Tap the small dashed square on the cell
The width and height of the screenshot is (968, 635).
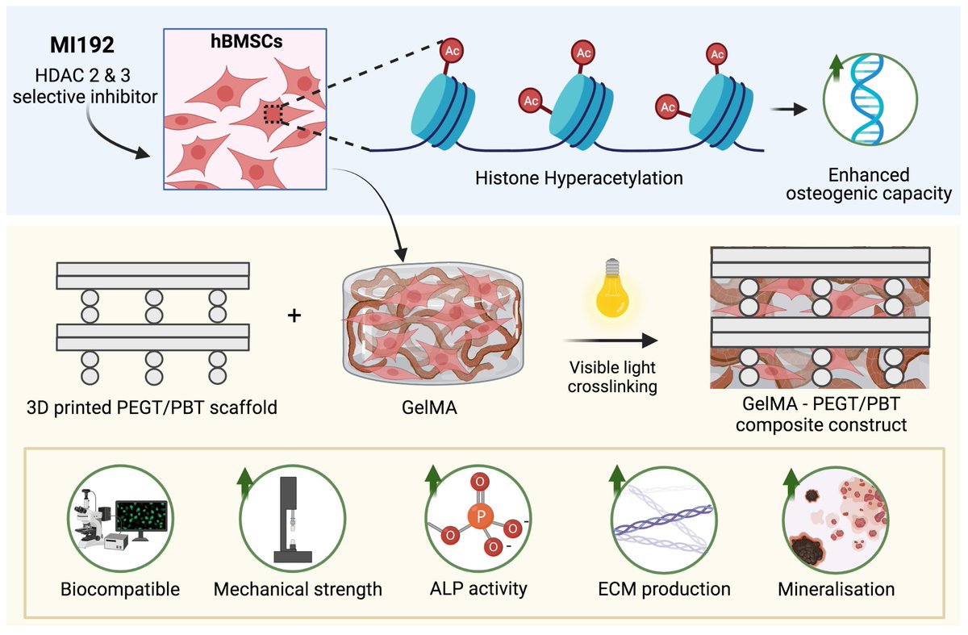click(274, 115)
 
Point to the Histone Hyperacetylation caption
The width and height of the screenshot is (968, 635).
click(578, 178)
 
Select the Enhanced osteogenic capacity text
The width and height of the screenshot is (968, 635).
click(868, 185)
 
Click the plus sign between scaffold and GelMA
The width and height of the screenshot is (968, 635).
click(294, 316)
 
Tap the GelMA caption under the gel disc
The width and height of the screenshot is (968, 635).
click(418, 407)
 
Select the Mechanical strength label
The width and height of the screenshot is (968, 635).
click(298, 589)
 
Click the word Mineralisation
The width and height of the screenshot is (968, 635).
click(836, 589)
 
